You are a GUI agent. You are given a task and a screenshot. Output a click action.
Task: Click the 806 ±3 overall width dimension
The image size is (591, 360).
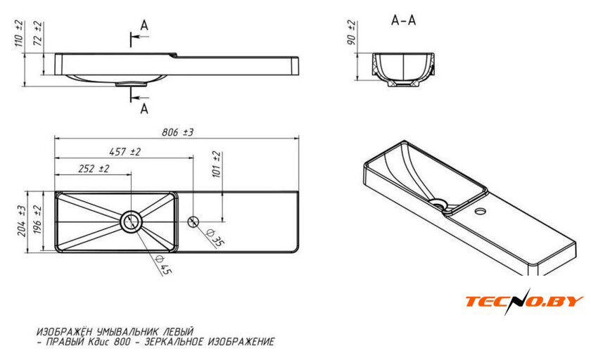[x=177, y=132]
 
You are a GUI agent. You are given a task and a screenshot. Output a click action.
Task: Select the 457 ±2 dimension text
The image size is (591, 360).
[x=125, y=151]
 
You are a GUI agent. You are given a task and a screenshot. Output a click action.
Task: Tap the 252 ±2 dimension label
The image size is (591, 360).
[x=94, y=169]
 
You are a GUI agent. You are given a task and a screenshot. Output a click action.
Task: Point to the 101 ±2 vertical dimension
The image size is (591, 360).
[x=216, y=163]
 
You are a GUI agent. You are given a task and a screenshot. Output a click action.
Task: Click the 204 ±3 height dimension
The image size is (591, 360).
[x=22, y=220]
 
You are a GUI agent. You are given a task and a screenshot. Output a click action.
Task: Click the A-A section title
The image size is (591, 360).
[x=403, y=20]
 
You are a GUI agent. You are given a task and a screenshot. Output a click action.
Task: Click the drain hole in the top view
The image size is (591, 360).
[x=131, y=221]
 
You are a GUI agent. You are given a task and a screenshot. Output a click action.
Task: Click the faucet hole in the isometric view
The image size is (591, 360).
[x=483, y=211]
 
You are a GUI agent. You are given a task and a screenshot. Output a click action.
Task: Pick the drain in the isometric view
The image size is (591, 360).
[x=440, y=205]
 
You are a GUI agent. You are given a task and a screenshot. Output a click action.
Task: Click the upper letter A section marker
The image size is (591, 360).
[x=144, y=25]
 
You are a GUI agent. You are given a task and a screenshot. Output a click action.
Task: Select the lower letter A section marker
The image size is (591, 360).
[x=144, y=108]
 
